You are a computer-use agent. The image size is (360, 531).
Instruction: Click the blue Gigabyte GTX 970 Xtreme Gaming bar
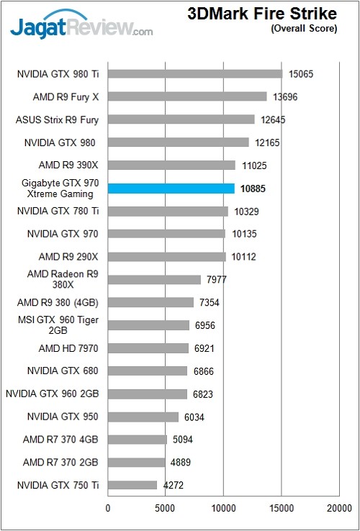click(x=171, y=189)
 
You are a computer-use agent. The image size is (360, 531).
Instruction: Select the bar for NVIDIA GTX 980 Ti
click(x=194, y=73)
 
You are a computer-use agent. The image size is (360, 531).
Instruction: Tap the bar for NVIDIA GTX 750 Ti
click(x=132, y=485)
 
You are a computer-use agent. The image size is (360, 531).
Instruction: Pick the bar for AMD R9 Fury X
click(x=187, y=96)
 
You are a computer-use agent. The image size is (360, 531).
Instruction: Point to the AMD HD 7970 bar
click(x=148, y=348)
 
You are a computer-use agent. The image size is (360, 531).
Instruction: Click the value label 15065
click(x=302, y=73)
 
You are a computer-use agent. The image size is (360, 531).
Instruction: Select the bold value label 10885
click(x=253, y=189)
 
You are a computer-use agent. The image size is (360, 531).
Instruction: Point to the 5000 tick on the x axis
click(x=166, y=509)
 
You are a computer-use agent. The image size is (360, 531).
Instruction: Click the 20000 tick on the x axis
click(x=339, y=509)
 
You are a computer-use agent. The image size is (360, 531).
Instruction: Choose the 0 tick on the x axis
click(x=108, y=509)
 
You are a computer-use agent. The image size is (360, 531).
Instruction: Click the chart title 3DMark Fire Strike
click(x=262, y=14)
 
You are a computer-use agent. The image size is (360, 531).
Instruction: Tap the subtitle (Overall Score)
click(x=302, y=29)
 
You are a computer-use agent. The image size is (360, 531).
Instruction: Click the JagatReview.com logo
click(x=81, y=27)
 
